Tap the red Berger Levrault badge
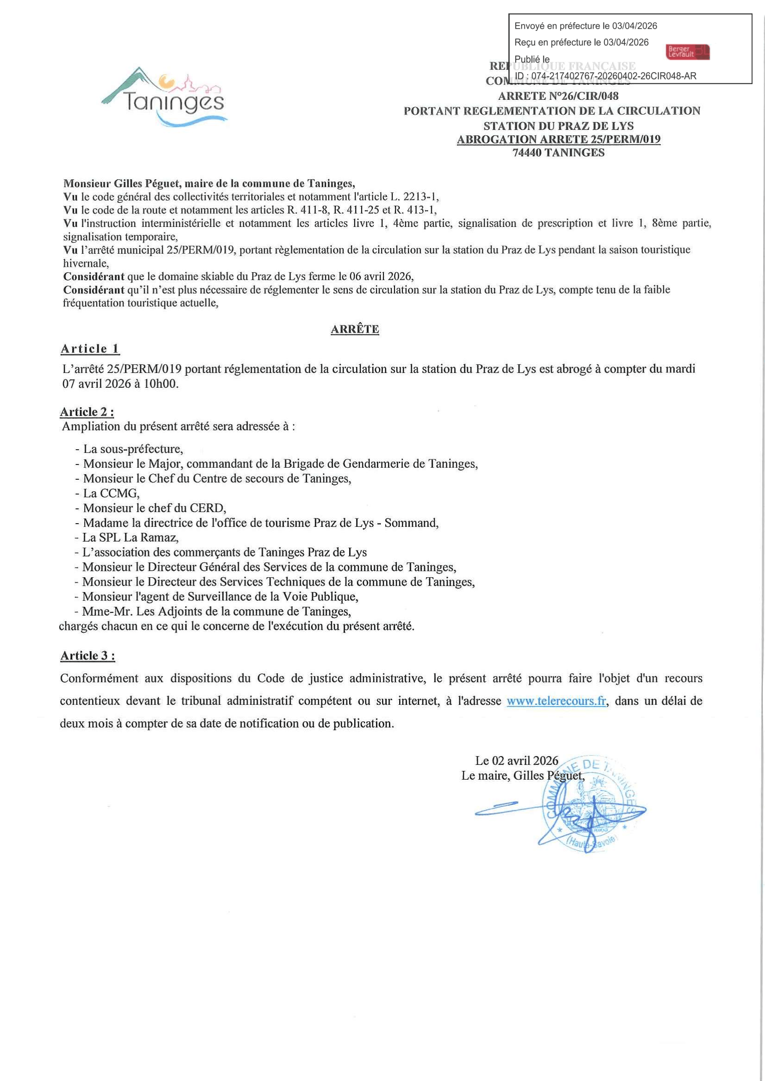click(x=688, y=52)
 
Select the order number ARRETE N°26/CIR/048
click(x=558, y=96)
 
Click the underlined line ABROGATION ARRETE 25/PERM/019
click(x=558, y=140)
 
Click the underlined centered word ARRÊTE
click(x=355, y=329)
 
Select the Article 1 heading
click(x=90, y=349)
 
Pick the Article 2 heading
click(x=86, y=412)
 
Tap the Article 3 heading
click(x=87, y=655)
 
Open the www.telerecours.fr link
click(x=556, y=701)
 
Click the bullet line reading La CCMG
click(x=111, y=494)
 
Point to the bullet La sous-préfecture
click(x=133, y=449)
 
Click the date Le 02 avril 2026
click(x=516, y=760)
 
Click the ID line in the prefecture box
click(x=605, y=76)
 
